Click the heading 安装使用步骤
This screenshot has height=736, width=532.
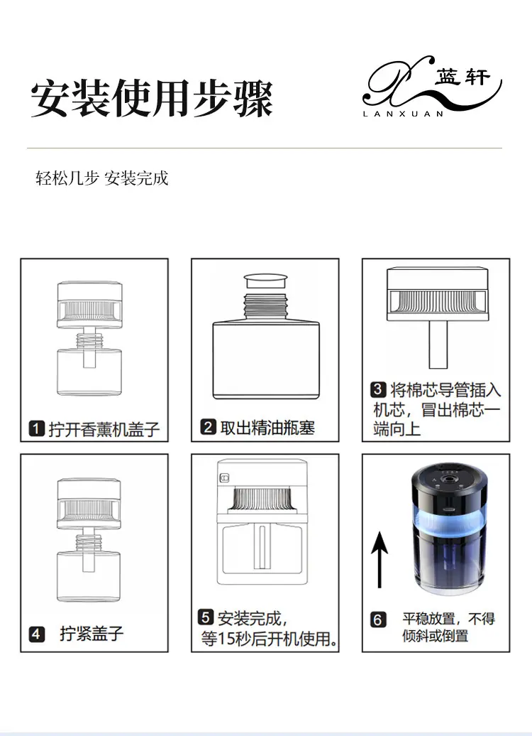pos(151,98)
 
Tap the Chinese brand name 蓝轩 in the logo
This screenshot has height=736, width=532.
pos(462,77)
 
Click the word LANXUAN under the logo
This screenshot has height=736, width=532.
pos(403,114)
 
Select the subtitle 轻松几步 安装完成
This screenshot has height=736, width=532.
pos(101,178)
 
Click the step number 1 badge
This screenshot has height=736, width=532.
pos(37,428)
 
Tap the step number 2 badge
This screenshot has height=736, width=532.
pos(208,427)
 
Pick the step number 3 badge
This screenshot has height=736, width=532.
pos(378,389)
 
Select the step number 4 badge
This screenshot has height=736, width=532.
pos(37,634)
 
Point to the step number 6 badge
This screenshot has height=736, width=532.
pos(378,619)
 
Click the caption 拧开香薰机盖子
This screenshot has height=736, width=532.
pos(104,429)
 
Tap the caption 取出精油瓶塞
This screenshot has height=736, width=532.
pos(267,427)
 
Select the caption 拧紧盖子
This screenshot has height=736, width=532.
pos(92,634)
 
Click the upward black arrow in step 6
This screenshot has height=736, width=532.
pos(379,559)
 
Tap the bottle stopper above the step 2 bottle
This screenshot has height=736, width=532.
pos(266,281)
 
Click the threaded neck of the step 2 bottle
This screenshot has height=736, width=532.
pos(266,305)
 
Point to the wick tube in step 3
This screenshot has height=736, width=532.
pos(438,345)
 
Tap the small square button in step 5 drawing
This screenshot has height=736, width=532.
pos(225,478)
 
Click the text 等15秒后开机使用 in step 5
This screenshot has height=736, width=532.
pos(269,639)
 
